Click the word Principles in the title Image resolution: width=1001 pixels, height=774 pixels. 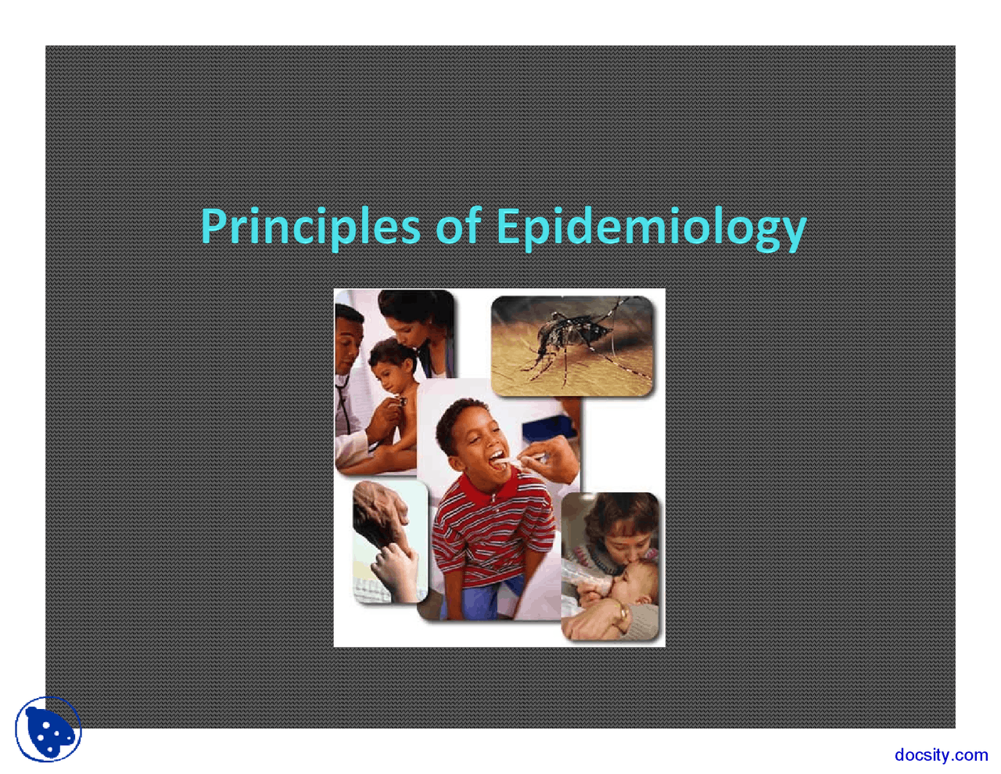coord(310,227)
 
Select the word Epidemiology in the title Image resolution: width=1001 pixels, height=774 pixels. coord(651,227)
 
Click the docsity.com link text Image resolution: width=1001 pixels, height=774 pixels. coord(941,754)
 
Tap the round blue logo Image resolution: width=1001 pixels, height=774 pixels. coord(48,729)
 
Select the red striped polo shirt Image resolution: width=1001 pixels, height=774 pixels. coord(485,532)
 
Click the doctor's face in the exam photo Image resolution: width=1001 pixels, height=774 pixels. coord(349,337)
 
